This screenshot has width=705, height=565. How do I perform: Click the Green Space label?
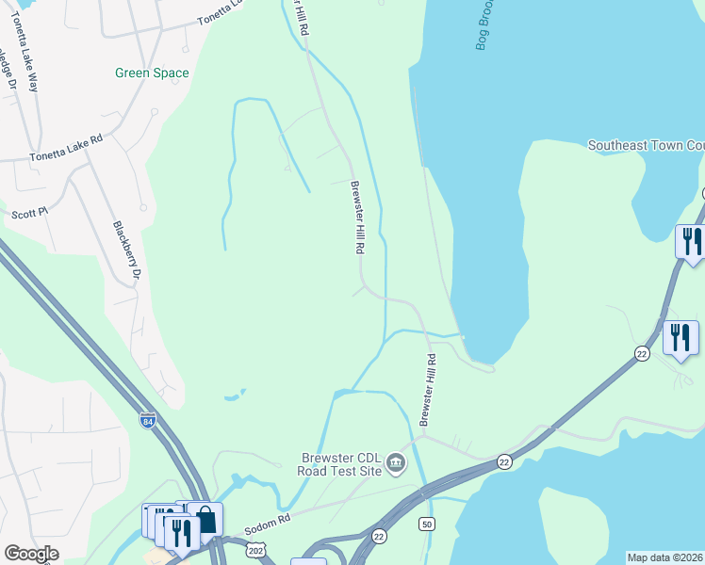tap(152, 73)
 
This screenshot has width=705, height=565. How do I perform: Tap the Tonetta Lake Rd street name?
tap(65, 146)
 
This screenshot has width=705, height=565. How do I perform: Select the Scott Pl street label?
tap(29, 214)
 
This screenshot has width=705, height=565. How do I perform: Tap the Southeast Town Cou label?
tap(646, 145)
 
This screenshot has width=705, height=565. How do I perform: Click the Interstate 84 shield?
tap(148, 421)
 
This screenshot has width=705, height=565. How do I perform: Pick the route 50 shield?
tap(428, 523)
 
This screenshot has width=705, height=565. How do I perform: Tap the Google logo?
tap(31, 554)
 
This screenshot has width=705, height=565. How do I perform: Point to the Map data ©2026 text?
tap(665, 557)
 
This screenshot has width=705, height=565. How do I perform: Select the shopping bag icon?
tap(205, 519)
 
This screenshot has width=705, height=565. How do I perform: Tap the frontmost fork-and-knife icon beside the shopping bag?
tap(182, 532)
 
